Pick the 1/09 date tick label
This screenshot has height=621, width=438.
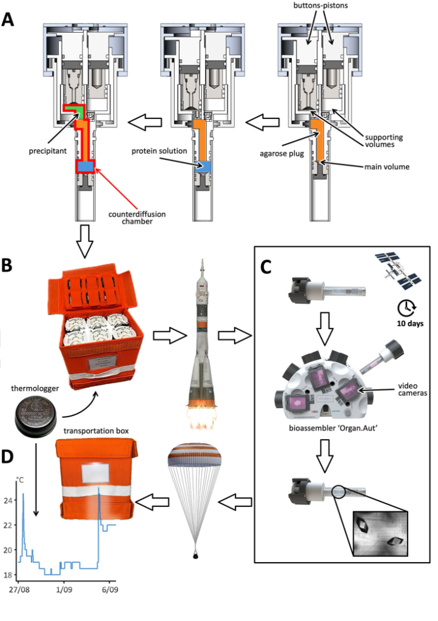pos(65,589)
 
